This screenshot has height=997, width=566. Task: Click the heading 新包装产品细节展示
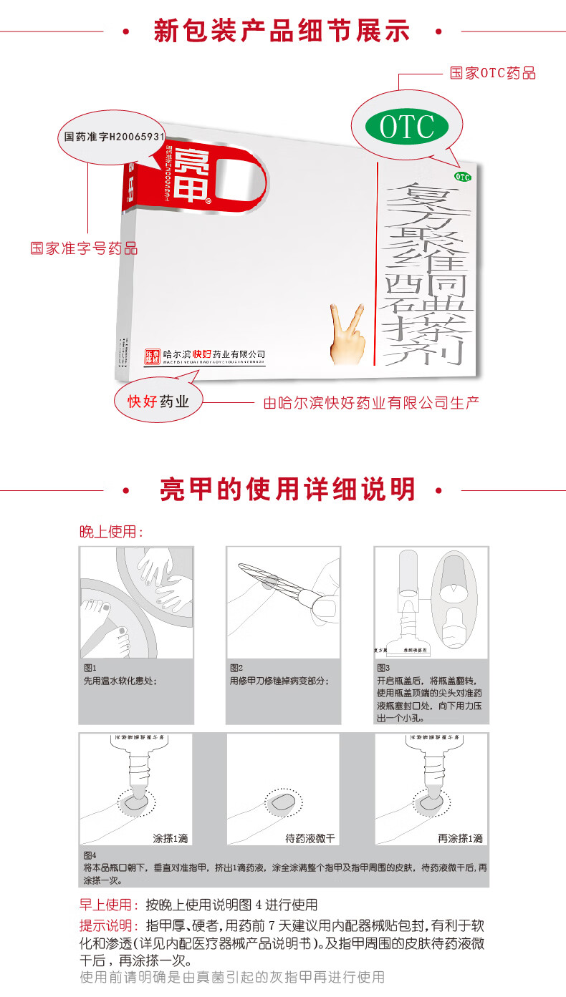(282, 31)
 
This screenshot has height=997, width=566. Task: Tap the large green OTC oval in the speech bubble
(407, 127)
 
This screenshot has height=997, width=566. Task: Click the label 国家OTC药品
(492, 73)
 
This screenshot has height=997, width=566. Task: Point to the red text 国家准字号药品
(84, 248)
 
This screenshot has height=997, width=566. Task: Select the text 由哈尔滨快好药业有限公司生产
(371, 402)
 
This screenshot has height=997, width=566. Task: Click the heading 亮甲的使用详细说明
(287, 490)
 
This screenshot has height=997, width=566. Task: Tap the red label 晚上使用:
(111, 532)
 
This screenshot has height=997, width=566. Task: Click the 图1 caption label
(90, 667)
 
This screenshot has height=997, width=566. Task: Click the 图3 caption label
(383, 667)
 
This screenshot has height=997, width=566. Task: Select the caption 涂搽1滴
(171, 838)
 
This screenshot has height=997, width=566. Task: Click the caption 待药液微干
(310, 838)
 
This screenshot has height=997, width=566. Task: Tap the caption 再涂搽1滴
(461, 838)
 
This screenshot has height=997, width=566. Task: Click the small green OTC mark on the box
(462, 176)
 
